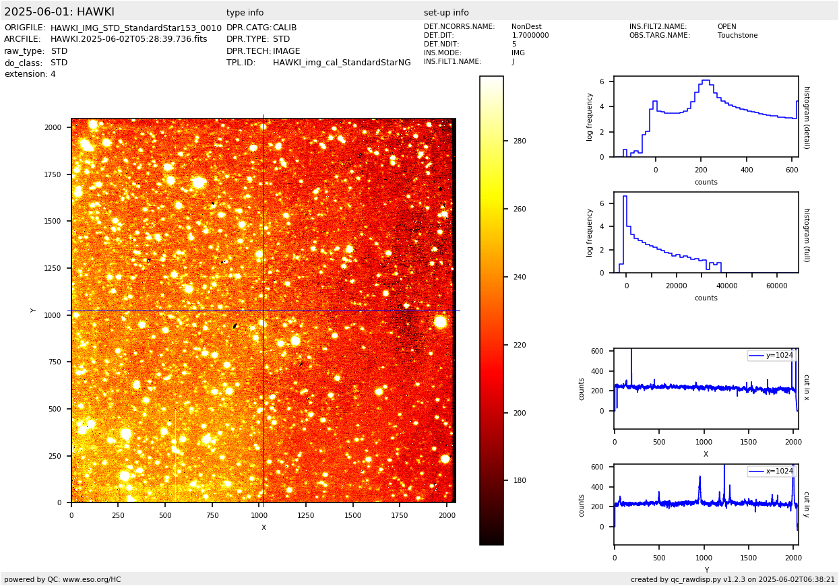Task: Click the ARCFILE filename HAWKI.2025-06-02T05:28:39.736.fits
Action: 129,39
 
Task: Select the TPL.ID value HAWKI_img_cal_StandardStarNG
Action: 342,63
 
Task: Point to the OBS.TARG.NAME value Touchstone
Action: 737,36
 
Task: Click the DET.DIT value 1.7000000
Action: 530,36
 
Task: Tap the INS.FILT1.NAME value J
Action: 513,62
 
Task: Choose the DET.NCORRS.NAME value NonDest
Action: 526,27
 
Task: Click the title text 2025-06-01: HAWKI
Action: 59,12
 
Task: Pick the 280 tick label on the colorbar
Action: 520,141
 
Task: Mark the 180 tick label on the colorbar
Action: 520,480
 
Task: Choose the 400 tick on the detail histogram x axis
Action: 747,170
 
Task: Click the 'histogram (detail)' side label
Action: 806,117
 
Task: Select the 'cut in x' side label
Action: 806,388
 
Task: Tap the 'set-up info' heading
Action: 446,13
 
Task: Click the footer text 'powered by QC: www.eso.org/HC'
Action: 63,579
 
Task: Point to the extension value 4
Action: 53,74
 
